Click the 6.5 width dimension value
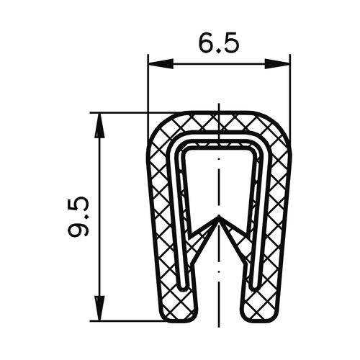219,43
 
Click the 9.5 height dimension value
78,217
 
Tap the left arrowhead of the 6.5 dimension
161,64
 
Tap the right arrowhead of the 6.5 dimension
277,64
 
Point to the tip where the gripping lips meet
219,215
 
